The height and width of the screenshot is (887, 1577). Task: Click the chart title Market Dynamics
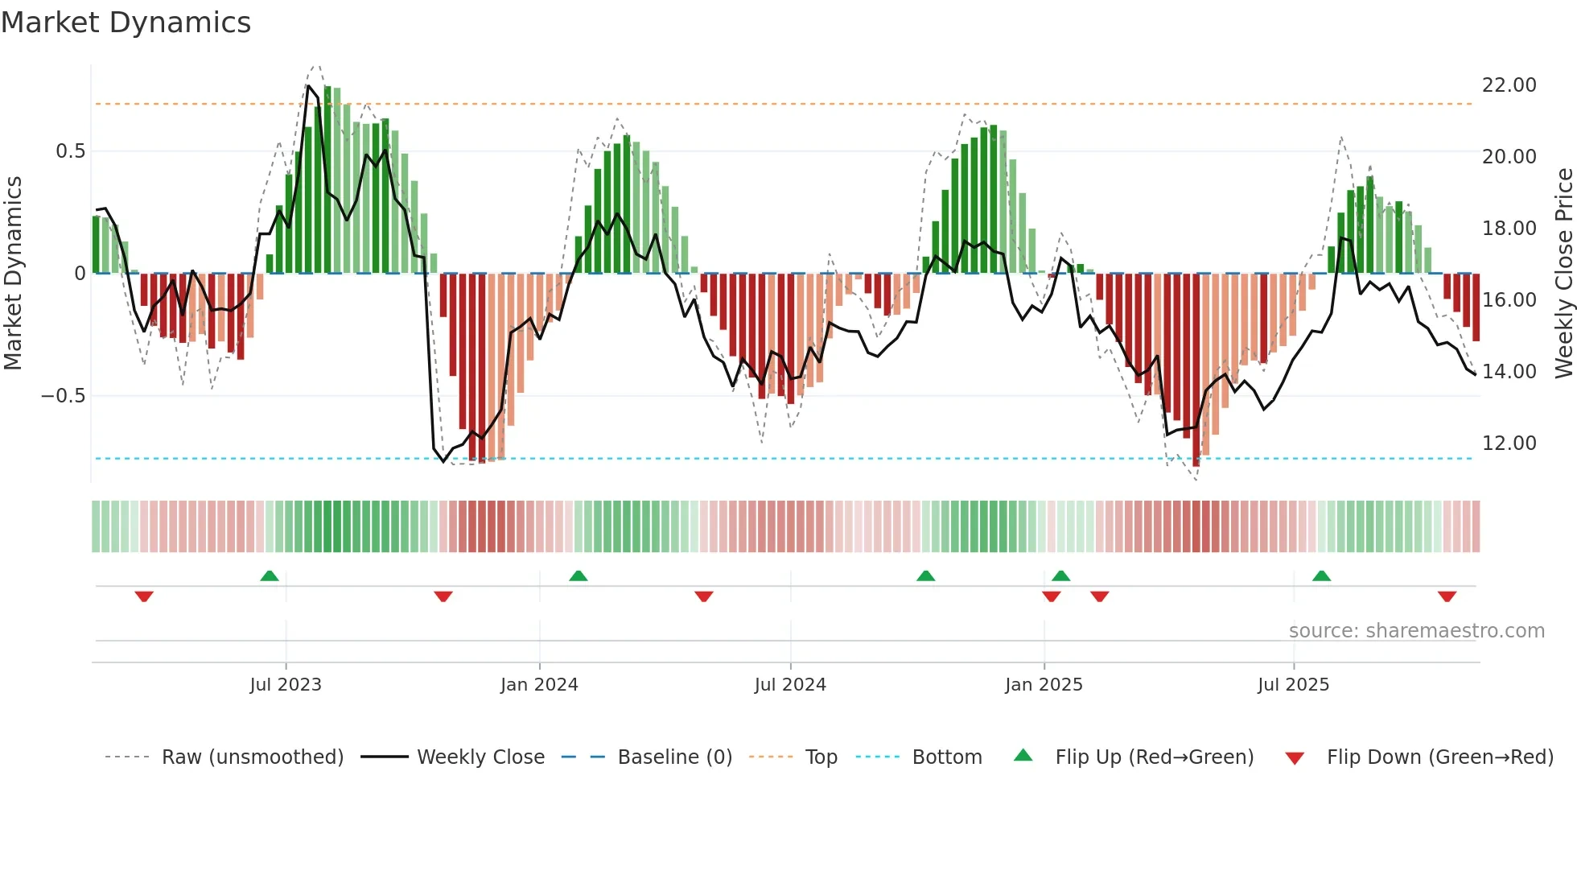pyautogui.click(x=126, y=23)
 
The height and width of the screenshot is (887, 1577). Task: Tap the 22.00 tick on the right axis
pyautogui.click(x=1509, y=85)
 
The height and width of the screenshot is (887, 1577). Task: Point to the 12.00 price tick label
pyautogui.click(x=1509, y=443)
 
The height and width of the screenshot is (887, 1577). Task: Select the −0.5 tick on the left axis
pyautogui.click(x=63, y=396)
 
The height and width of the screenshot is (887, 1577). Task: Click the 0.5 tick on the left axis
pyautogui.click(x=70, y=151)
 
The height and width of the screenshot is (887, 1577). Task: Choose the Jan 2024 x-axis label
pyautogui.click(x=539, y=685)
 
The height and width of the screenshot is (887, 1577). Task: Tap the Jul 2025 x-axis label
pyautogui.click(x=1293, y=685)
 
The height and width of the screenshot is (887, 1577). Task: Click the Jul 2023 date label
pyautogui.click(x=286, y=685)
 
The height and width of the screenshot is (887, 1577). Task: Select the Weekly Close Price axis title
pyautogui.click(x=1563, y=274)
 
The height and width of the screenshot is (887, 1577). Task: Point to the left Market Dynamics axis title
pyautogui.click(x=13, y=274)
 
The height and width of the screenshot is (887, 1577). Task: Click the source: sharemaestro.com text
pyautogui.click(x=1416, y=631)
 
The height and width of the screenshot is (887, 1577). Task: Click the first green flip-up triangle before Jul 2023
pyautogui.click(x=270, y=576)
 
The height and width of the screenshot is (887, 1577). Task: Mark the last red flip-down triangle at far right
pyautogui.click(x=1447, y=596)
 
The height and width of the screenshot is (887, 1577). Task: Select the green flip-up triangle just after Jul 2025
pyautogui.click(x=1321, y=576)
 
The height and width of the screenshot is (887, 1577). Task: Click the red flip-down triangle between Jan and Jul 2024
pyautogui.click(x=704, y=596)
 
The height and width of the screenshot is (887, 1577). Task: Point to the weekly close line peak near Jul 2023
pyautogui.click(x=308, y=85)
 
